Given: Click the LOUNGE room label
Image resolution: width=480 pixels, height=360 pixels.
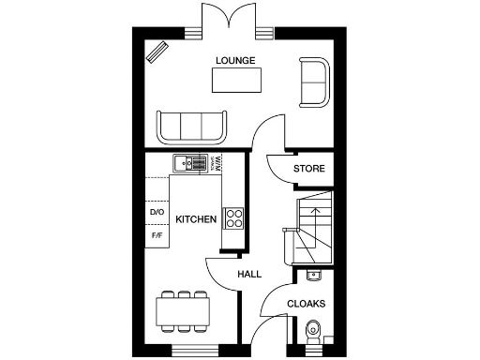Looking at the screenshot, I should (235, 61).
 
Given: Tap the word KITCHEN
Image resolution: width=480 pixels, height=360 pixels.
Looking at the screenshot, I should (197, 220).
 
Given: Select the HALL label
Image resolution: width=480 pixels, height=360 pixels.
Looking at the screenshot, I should (248, 274).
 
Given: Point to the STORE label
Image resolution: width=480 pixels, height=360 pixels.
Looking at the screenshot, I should (308, 170).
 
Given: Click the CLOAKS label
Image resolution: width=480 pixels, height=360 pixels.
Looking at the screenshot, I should (306, 304).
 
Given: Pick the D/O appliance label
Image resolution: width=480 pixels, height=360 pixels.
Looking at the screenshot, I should (157, 213).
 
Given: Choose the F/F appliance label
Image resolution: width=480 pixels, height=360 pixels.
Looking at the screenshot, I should (157, 235).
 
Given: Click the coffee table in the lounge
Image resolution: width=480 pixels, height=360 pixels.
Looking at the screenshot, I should (235, 82).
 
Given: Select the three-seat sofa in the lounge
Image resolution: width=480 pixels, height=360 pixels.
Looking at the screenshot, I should (192, 127).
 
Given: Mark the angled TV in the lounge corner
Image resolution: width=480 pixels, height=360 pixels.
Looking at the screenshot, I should (157, 52).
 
